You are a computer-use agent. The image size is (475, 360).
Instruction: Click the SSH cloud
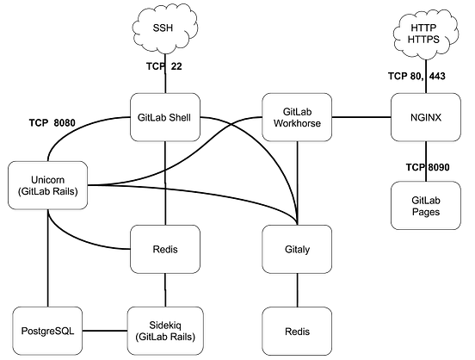[163, 28]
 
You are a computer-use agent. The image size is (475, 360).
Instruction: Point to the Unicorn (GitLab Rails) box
[47, 184]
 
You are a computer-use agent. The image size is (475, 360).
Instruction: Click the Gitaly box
[296, 250]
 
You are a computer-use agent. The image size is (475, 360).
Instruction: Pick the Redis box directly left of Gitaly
[163, 250]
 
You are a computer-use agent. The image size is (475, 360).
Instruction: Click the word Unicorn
[47, 177]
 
